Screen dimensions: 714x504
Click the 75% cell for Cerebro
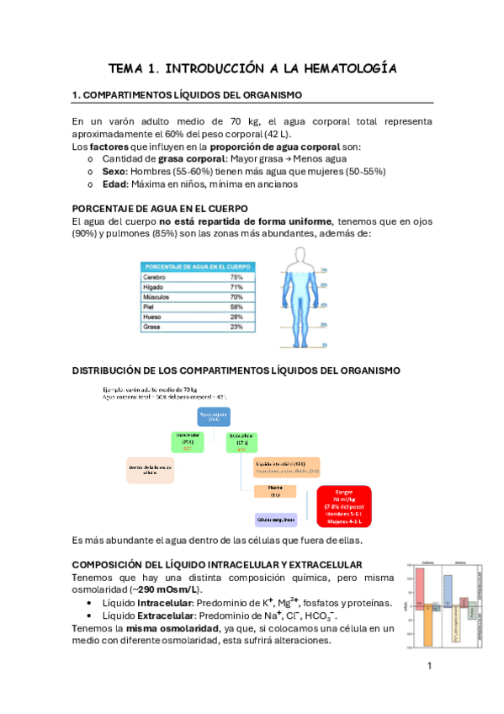click(x=236, y=277)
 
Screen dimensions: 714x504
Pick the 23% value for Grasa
click(x=236, y=327)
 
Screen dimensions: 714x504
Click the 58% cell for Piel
click(x=236, y=306)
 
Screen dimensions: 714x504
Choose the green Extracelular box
click(x=242, y=441)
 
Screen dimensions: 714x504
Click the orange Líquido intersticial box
click(x=286, y=468)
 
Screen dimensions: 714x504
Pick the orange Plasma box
click(x=274, y=493)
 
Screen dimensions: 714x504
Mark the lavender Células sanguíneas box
click(x=275, y=520)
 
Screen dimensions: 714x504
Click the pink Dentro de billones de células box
click(x=150, y=470)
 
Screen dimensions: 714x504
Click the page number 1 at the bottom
click(x=430, y=668)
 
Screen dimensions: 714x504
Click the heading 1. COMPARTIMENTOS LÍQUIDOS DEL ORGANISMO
click(x=187, y=95)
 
